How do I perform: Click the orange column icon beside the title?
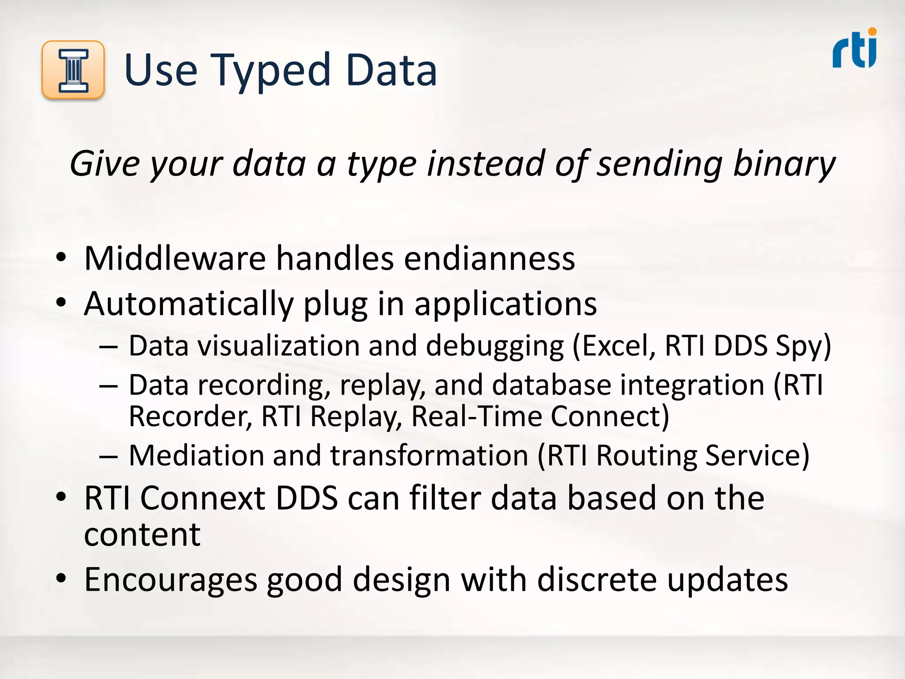[73, 70]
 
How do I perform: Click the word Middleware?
[175, 258]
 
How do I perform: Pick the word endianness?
[489, 258]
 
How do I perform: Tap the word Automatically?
[189, 304]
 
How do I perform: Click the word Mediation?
[196, 455]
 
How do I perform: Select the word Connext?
[203, 498]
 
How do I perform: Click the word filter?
[445, 498]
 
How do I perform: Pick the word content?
[142, 535]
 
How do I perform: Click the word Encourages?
[171, 580]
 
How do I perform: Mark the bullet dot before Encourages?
[61, 579]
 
